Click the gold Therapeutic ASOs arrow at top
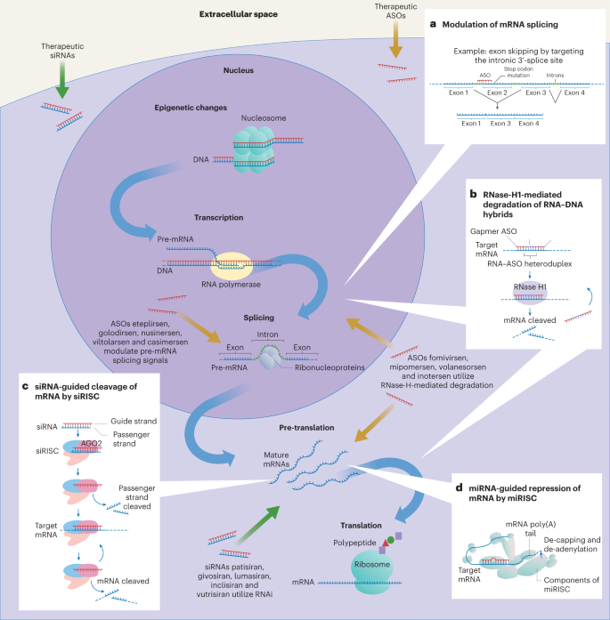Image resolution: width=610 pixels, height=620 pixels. (394, 36)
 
